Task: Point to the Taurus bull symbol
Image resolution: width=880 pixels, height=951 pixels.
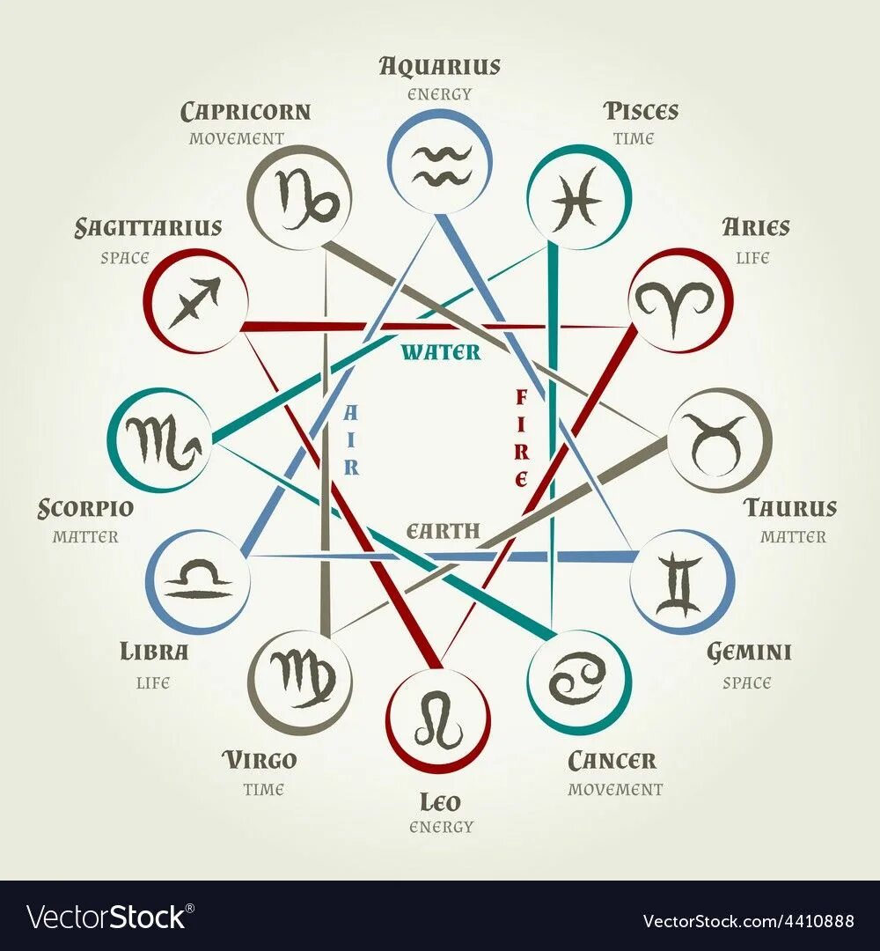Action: coord(718,439)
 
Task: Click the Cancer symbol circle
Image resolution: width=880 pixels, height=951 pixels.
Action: coord(578,682)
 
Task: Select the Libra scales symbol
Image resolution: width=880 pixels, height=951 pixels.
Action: coord(199,580)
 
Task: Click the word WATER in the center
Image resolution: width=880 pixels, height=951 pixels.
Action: coord(441,352)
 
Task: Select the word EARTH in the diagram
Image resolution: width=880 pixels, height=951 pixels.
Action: coord(443,531)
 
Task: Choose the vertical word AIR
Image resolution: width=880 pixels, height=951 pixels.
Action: coord(351,439)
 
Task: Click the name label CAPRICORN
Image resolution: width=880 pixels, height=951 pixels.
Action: coord(246,112)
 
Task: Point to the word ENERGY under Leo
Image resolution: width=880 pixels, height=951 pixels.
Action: coord(441,827)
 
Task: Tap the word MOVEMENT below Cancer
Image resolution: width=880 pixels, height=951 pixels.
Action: coord(615,789)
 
